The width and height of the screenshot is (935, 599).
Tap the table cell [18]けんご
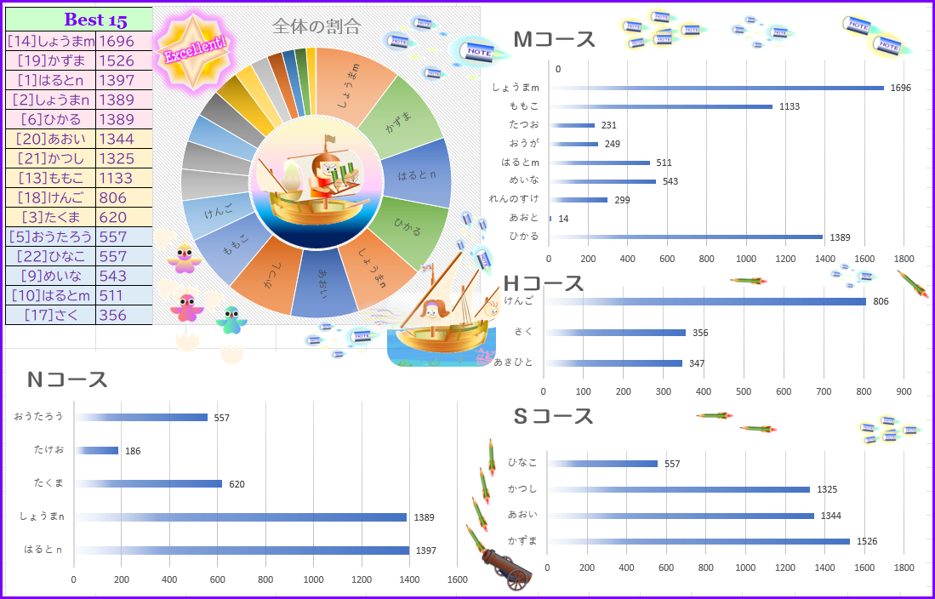click(50, 197)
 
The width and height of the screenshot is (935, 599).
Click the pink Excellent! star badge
click(194, 52)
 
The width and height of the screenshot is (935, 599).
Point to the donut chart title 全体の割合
click(316, 26)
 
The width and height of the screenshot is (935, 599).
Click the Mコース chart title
click(555, 39)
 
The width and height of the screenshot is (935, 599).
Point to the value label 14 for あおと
click(563, 219)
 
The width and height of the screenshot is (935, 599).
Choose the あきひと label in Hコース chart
click(513, 362)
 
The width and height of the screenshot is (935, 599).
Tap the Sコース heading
click(554, 416)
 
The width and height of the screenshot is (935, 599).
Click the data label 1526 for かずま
click(866, 541)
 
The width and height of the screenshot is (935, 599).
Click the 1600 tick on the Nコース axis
click(458, 579)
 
